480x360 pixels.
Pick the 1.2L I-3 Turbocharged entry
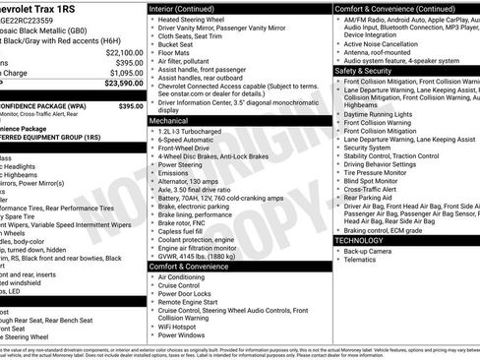[193, 131]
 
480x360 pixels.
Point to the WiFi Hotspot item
[183, 324]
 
